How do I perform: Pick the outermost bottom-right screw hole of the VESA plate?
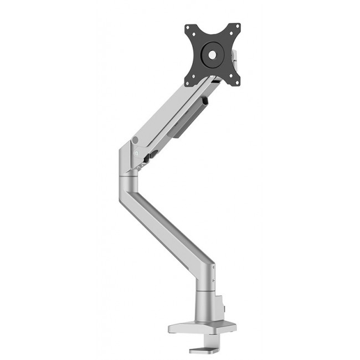pyautogui.click(x=238, y=83)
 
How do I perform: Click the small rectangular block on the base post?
pyautogui.click(x=224, y=304)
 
